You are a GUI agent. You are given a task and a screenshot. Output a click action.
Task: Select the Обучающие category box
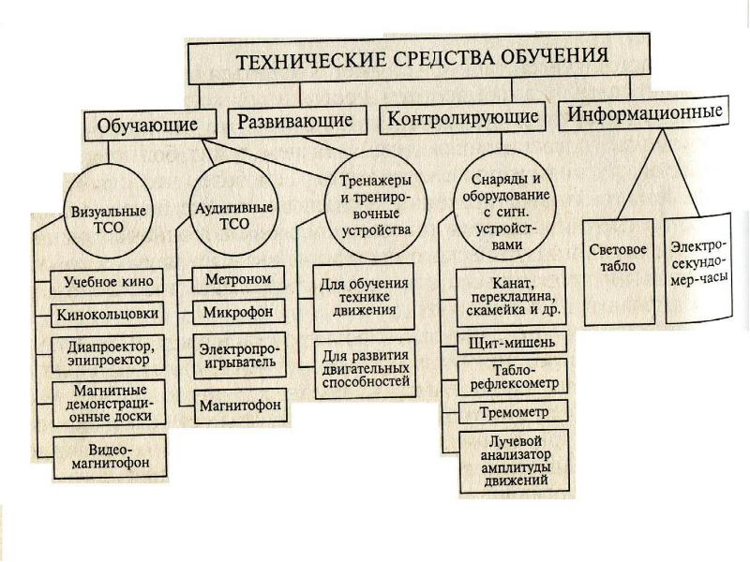[x=150, y=125]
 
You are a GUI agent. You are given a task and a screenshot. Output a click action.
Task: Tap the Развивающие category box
[x=296, y=120]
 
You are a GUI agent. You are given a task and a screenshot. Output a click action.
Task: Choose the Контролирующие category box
[x=462, y=117]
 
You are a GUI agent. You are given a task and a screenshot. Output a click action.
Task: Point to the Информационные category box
[x=644, y=112]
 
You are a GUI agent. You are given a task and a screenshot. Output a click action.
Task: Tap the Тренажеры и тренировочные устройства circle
[x=375, y=204]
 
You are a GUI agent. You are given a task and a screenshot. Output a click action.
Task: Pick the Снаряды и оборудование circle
[x=505, y=211]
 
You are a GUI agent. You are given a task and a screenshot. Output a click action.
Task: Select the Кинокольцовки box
[x=108, y=315]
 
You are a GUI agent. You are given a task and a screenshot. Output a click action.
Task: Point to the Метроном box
[x=238, y=278]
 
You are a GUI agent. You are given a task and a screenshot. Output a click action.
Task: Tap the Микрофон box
[x=239, y=312]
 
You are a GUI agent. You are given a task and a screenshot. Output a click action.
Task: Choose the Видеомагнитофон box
[x=110, y=456]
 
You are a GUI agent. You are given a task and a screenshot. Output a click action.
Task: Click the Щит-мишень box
[x=512, y=343]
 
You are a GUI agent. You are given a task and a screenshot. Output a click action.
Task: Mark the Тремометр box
[x=514, y=412]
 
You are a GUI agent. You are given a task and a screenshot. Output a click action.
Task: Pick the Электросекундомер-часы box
[x=697, y=270]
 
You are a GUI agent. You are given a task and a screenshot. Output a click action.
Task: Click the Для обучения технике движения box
[x=364, y=297]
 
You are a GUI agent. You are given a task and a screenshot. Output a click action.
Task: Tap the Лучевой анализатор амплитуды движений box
[x=514, y=461]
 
